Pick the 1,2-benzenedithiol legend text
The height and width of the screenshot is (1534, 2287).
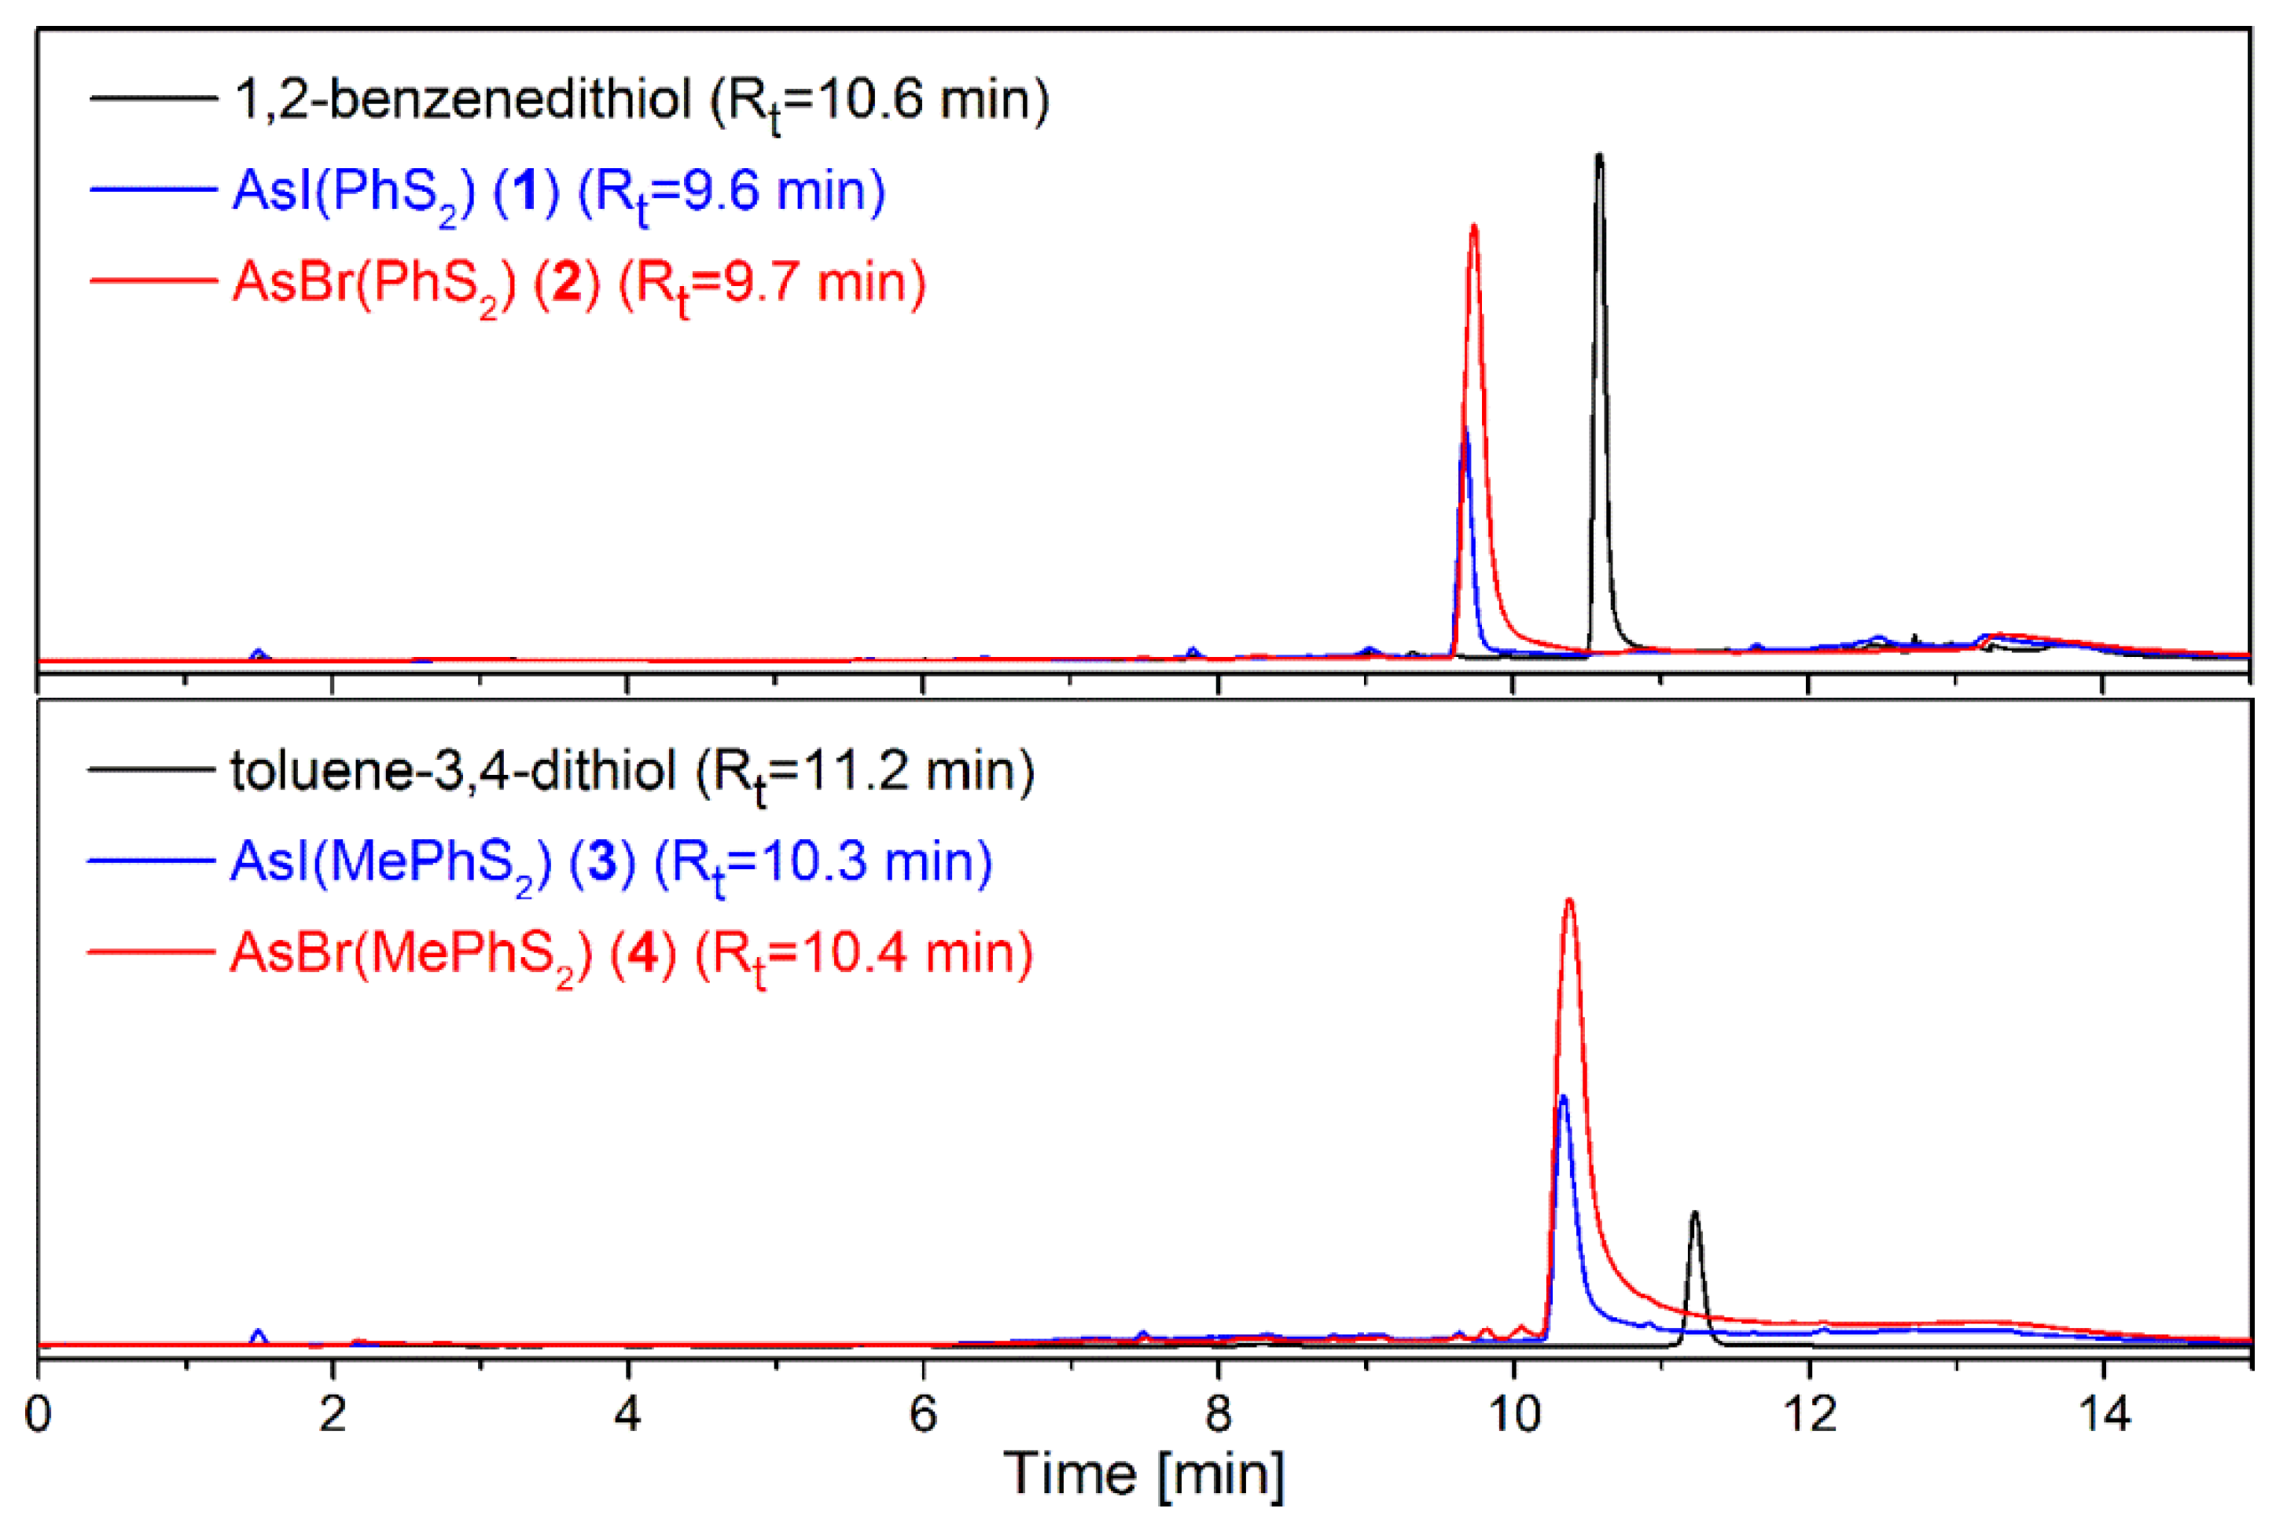click(641, 100)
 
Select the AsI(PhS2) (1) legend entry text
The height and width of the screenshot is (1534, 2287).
click(559, 191)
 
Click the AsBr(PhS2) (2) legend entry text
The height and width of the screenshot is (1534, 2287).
click(579, 283)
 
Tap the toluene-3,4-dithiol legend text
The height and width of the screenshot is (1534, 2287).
click(632, 772)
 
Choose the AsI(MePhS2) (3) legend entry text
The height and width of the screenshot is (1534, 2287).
click(611, 863)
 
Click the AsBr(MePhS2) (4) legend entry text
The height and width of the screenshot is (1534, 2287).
click(631, 954)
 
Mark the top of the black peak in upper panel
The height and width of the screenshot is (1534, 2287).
click(1599, 156)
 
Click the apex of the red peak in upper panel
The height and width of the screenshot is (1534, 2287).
click(1474, 227)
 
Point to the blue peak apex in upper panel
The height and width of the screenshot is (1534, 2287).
click(1465, 433)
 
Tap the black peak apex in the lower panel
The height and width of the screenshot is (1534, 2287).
click(1695, 1213)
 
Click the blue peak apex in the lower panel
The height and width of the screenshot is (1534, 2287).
click(1563, 1097)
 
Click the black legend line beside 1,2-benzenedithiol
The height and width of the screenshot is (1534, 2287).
click(153, 97)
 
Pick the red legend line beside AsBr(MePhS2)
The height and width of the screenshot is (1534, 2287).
click(151, 951)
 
